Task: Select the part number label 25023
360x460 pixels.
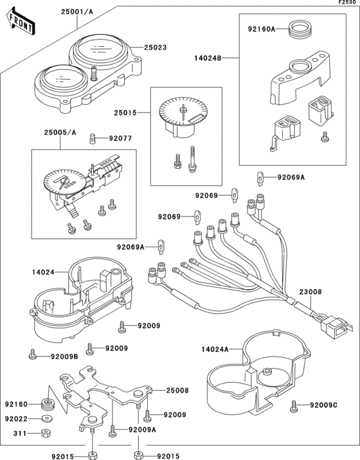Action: [x=156, y=48]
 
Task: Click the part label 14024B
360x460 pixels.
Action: [x=208, y=58]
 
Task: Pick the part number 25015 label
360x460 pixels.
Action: [x=125, y=112]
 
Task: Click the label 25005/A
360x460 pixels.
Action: [x=60, y=132]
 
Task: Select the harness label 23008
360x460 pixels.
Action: [x=310, y=292]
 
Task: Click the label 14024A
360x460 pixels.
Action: [x=215, y=349]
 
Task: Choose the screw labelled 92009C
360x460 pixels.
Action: [x=294, y=406]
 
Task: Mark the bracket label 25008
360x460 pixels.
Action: [x=177, y=391]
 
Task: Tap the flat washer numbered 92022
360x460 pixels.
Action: [x=46, y=419]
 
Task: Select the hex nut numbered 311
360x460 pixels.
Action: [x=45, y=433]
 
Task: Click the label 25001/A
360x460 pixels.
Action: [x=77, y=12]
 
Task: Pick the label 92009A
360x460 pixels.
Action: [x=143, y=430]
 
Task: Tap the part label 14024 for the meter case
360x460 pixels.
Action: [x=43, y=272]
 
